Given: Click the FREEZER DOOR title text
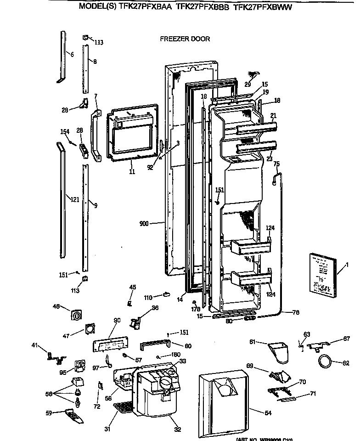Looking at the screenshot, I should [185, 39].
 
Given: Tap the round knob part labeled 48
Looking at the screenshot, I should [77, 316].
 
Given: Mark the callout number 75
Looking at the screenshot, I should [276, 164].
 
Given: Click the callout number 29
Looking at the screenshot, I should [247, 84].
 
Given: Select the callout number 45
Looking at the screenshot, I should [132, 287].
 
